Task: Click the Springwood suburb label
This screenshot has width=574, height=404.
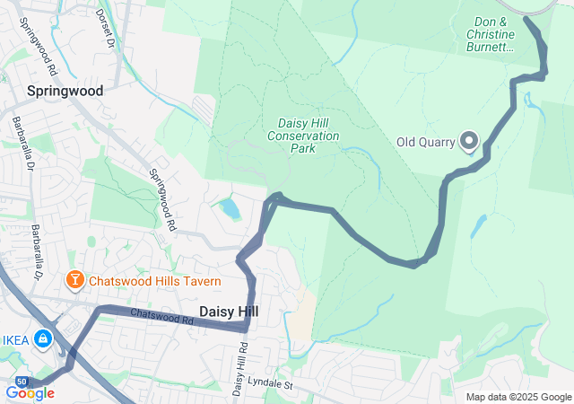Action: (65, 91)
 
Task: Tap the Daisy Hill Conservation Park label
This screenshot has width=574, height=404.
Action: (304, 136)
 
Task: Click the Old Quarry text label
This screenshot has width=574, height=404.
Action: (426, 142)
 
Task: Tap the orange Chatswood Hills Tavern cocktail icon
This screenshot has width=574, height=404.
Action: (75, 281)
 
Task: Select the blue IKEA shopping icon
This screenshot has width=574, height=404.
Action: (41, 339)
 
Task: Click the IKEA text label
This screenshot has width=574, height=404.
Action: (13, 339)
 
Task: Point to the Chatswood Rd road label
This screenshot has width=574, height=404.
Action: (162, 317)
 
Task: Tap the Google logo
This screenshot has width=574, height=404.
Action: (30, 392)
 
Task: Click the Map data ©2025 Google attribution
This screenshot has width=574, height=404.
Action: (517, 397)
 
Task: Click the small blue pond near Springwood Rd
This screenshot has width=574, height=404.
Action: (230, 209)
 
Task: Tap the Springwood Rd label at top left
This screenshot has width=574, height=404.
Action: (36, 54)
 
